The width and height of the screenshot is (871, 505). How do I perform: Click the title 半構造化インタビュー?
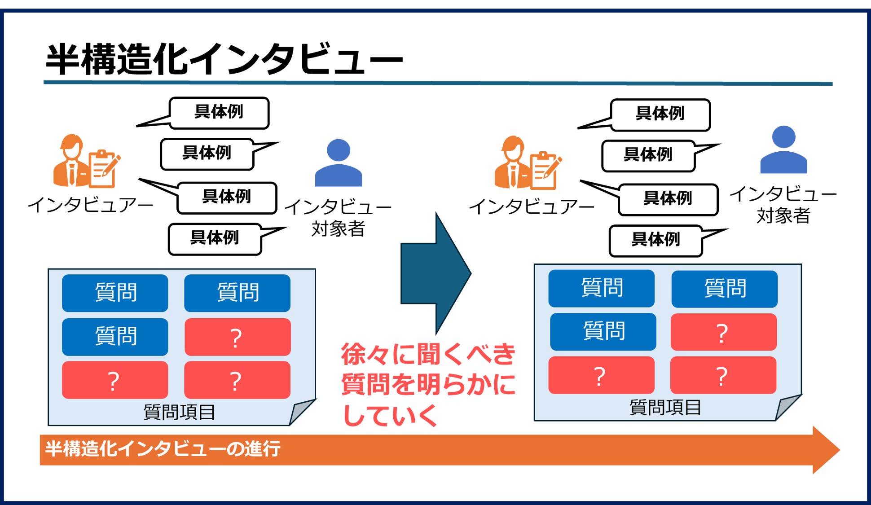(224, 59)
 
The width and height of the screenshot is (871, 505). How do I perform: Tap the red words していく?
(390, 415)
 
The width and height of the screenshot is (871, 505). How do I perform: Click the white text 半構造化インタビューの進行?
(163, 448)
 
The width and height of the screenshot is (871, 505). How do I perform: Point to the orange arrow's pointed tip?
(840, 450)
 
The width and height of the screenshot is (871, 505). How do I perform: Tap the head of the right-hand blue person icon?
(783, 137)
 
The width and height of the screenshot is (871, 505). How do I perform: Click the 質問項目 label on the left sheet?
(179, 412)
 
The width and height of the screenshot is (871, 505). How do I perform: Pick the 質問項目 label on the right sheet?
(665, 408)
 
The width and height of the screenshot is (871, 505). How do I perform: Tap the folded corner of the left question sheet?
(302, 411)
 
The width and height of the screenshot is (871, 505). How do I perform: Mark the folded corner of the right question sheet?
(788, 406)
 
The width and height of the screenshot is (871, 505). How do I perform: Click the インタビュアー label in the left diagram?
(90, 205)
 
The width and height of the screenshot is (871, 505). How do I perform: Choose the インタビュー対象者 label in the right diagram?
(783, 205)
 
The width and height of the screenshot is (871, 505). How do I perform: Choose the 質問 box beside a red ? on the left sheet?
(115, 337)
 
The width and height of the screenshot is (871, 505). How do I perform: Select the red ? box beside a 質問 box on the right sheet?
(723, 332)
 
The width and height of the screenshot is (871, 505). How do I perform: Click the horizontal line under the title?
(438, 83)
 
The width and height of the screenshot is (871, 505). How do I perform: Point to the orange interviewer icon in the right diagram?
(528, 162)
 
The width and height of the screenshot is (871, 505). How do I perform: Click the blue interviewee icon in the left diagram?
(339, 162)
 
